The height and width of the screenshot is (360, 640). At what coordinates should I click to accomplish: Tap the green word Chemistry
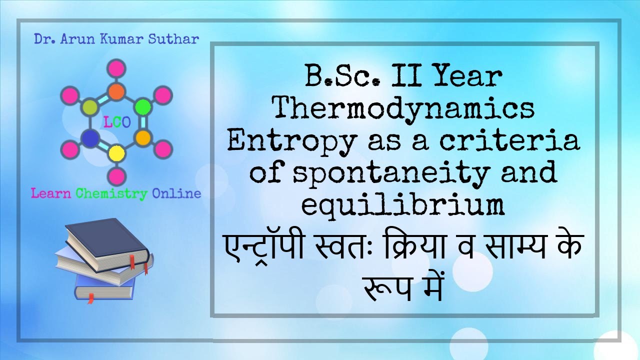(111, 193)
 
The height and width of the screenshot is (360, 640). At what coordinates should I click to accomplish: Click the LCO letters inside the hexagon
(116, 121)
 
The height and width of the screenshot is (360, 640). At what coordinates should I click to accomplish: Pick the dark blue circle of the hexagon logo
(90, 137)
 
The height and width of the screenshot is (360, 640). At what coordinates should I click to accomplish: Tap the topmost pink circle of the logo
(116, 68)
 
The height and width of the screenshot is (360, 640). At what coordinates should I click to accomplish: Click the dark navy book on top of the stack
(106, 242)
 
